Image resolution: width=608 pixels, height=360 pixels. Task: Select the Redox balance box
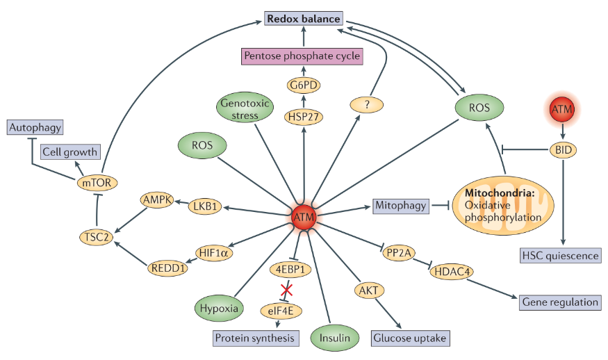(304, 19)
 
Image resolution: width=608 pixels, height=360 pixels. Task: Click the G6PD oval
(304, 86)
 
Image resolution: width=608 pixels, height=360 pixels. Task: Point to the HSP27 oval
(304, 117)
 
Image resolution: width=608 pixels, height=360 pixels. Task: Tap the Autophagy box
(34, 128)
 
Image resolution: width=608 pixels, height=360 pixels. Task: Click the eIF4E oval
(281, 310)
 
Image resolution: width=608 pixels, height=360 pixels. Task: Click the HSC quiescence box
(560, 255)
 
